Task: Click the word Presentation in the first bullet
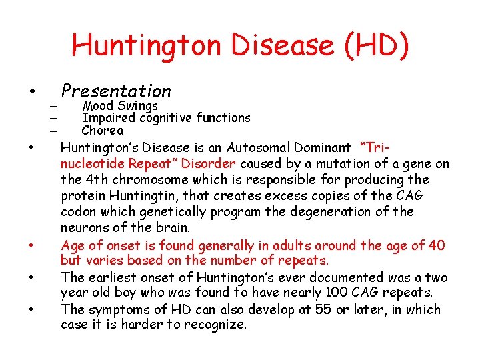116,91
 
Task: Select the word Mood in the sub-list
97,105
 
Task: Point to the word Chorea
102,130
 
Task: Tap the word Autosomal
256,147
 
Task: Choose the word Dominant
320,147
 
